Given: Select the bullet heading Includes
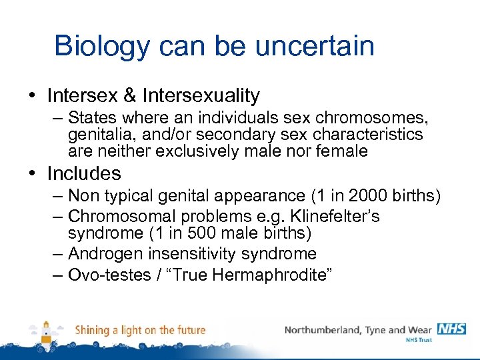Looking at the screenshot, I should click(84, 174).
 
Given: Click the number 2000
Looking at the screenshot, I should click(369, 196).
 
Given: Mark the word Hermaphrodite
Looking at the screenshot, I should click(269, 275).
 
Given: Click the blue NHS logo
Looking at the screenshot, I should click(451, 329).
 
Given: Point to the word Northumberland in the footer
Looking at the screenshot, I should click(325, 330).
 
